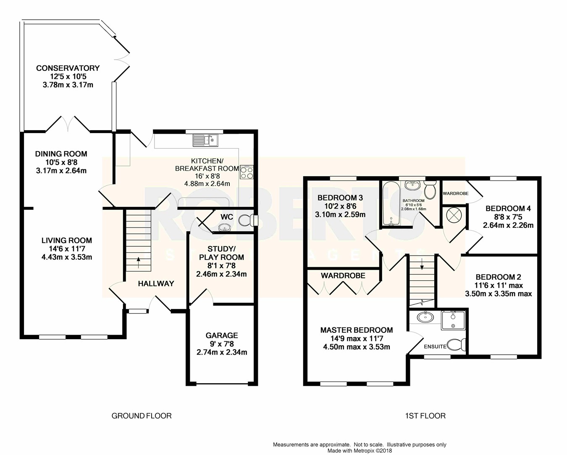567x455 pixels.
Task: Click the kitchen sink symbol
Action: point(205,140)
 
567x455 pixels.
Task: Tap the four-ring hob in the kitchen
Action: point(247,172)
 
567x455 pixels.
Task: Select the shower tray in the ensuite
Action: point(454,320)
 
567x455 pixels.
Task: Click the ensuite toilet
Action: point(457,345)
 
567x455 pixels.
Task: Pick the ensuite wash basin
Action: point(425,317)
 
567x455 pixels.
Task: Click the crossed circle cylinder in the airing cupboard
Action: point(454,216)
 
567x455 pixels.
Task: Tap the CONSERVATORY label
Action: point(68,68)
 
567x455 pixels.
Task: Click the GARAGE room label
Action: point(222,335)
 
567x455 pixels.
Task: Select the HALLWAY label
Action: point(156,284)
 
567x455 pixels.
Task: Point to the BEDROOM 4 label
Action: point(508,209)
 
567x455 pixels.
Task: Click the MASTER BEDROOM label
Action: point(357,330)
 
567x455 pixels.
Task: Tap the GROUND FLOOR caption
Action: point(142,416)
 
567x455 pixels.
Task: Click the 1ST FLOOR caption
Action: point(425,416)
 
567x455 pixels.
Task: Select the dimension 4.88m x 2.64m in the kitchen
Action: point(207,183)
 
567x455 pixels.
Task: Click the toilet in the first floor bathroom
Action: point(430,191)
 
